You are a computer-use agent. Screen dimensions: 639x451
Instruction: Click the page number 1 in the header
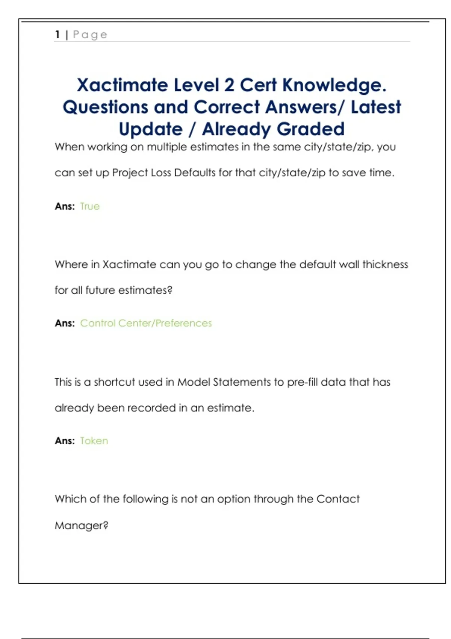click(58, 35)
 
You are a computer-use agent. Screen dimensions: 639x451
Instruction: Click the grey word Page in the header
click(90, 35)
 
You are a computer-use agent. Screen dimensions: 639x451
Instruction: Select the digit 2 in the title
click(229, 85)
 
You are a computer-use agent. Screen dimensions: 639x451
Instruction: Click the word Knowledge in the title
click(334, 86)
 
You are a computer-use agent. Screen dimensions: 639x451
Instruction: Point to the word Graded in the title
click(311, 129)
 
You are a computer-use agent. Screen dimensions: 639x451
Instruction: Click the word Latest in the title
click(376, 107)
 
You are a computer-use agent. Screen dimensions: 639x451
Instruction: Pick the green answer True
click(90, 206)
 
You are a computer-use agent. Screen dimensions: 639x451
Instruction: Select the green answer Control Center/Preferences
click(146, 323)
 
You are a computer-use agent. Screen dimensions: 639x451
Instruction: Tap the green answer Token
click(94, 441)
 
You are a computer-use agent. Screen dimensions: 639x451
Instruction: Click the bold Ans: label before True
click(65, 206)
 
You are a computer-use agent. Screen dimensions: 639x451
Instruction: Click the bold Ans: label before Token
click(65, 441)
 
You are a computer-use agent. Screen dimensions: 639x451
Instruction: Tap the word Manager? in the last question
click(82, 525)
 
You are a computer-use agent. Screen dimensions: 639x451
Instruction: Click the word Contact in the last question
click(338, 499)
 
